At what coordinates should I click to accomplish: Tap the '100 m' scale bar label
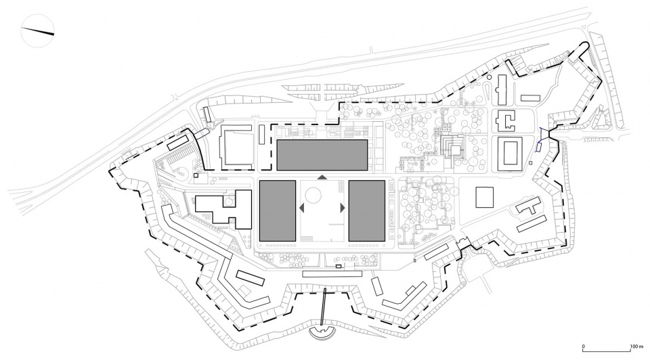[636, 346]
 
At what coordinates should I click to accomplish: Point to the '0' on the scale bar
[583, 346]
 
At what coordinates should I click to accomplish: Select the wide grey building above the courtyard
[322, 155]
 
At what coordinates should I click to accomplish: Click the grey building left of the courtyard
[278, 210]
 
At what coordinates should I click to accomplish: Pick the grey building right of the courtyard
[367, 210]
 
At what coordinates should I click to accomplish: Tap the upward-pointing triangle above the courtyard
[322, 177]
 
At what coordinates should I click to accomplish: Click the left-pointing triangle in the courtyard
[302, 208]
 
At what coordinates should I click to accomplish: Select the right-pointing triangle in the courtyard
[343, 208]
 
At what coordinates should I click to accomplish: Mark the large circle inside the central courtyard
[313, 195]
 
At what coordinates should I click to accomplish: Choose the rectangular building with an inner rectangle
[509, 154]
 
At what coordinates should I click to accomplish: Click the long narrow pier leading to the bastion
[323, 308]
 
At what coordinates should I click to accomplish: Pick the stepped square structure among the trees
[451, 149]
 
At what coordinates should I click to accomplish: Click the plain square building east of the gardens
[485, 197]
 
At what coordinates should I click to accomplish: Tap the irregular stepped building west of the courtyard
[224, 209]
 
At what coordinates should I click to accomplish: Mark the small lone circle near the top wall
[490, 77]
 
